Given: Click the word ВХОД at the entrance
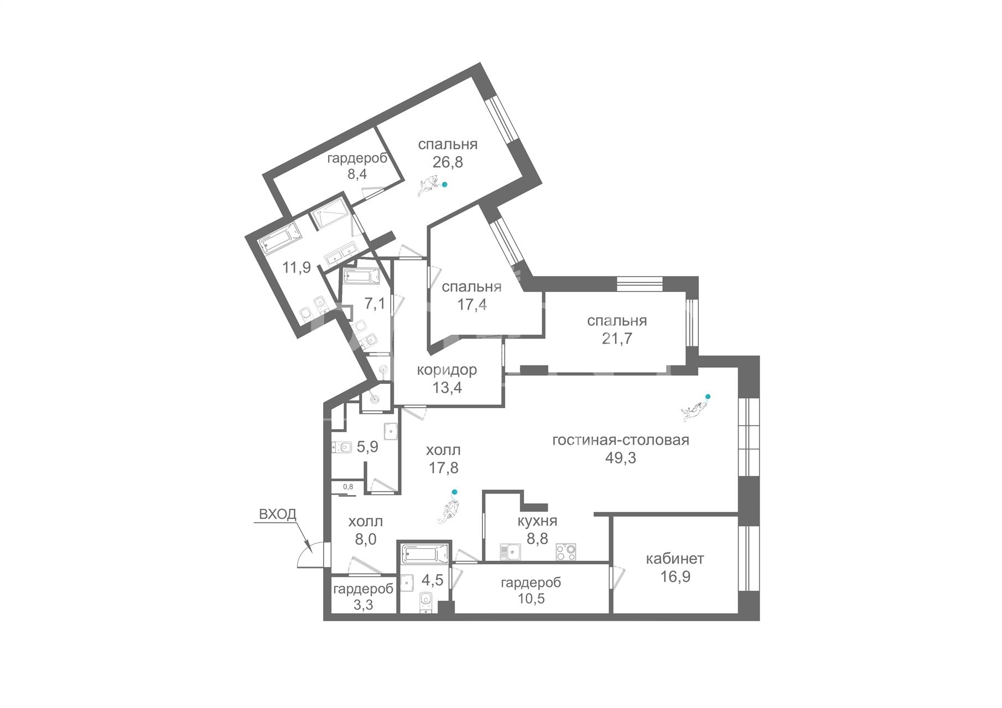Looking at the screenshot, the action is [278, 514].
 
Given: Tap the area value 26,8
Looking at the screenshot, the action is [448, 162].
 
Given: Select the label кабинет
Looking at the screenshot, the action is [675, 559].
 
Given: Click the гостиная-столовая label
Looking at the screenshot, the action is [621, 440].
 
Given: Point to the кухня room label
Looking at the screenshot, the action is [537, 521].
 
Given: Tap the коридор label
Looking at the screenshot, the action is [447, 370].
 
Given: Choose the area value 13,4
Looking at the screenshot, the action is [447, 388].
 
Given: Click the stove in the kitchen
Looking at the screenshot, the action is [567, 552].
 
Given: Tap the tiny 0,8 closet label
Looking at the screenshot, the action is [348, 487].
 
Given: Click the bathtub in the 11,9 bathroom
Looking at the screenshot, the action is [280, 242].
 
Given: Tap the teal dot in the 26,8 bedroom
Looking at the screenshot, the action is [444, 185].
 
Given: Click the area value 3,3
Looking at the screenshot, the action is [363, 605].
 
